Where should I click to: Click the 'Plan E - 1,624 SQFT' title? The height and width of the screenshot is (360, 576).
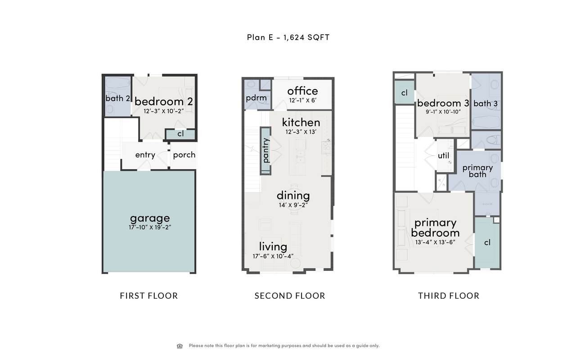pos(288,37)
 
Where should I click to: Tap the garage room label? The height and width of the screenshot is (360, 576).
pos(150,219)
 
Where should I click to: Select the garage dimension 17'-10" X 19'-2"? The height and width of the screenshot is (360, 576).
pos(150,227)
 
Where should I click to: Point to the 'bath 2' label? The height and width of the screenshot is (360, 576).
pos(117,98)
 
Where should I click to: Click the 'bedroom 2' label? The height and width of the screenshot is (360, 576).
pos(163,101)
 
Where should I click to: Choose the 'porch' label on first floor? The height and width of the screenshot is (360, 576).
pos(184,155)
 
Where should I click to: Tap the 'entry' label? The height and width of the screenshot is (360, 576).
pos(145,155)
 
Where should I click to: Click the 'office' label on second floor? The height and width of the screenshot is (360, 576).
pos(302,91)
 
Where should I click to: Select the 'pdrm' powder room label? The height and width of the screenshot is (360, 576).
pos(256,98)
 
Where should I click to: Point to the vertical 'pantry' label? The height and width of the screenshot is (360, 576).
pos(266,150)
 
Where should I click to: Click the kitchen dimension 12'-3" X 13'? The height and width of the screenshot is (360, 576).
pos(301,132)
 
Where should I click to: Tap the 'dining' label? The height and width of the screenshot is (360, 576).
pos(293,196)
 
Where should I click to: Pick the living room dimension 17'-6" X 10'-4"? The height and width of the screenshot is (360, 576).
pos(273,256)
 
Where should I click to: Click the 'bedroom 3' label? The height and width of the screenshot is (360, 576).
pos(443,103)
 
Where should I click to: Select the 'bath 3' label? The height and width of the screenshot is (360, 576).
pos(486,103)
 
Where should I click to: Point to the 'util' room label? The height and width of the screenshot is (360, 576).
pos(444,156)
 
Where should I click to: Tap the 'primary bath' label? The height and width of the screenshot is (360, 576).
pos(477,171)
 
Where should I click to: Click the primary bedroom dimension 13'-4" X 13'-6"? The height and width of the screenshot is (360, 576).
pos(435,242)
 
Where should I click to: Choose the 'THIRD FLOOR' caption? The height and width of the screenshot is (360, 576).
pos(449,296)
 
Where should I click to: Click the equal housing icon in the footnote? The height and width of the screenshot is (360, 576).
pos(180,346)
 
